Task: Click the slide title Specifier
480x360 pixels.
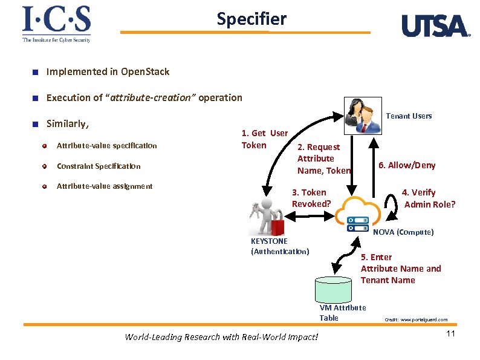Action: pyautogui.click(x=251, y=19)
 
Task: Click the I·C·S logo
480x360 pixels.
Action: pyautogui.click(x=56, y=24)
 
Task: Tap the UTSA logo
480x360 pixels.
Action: pyautogui.click(x=435, y=26)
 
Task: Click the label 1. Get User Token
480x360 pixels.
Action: pyautogui.click(x=264, y=139)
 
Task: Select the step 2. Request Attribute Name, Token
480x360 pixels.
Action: pyautogui.click(x=323, y=159)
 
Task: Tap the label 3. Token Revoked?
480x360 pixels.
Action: pyautogui.click(x=311, y=198)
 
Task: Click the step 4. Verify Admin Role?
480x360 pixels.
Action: pyautogui.click(x=429, y=198)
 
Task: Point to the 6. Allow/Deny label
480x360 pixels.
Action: pyautogui.click(x=406, y=165)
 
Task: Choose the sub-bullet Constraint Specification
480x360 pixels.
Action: pyautogui.click(x=98, y=166)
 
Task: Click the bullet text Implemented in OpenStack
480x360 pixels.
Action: pyautogui.click(x=108, y=72)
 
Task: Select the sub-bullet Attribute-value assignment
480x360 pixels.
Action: pyautogui.click(x=104, y=186)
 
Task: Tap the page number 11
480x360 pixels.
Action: pyautogui.click(x=450, y=334)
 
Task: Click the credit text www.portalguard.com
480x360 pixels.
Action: pyautogui.click(x=416, y=319)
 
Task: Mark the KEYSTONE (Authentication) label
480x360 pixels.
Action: pyautogui.click(x=279, y=246)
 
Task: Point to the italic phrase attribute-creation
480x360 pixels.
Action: pyautogui.click(x=153, y=97)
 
